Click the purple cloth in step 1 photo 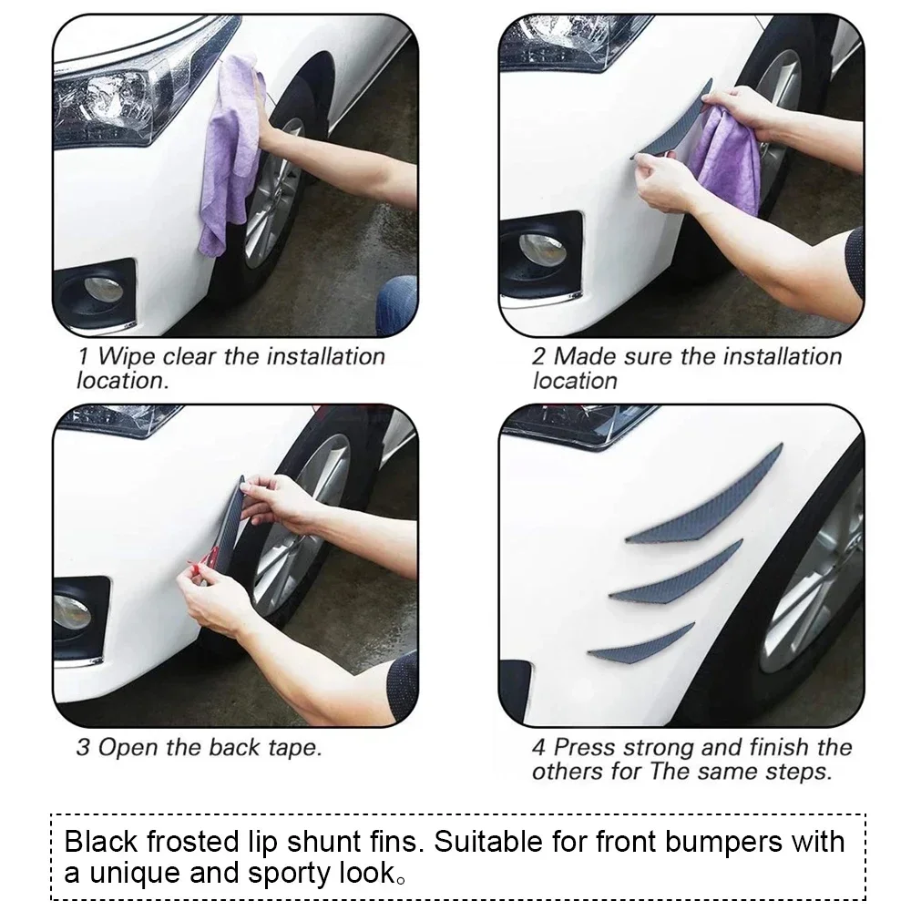click(228, 150)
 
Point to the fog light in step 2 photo click(541, 248)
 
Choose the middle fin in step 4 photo click(680, 576)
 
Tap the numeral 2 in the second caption click(539, 356)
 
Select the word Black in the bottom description click(98, 840)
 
